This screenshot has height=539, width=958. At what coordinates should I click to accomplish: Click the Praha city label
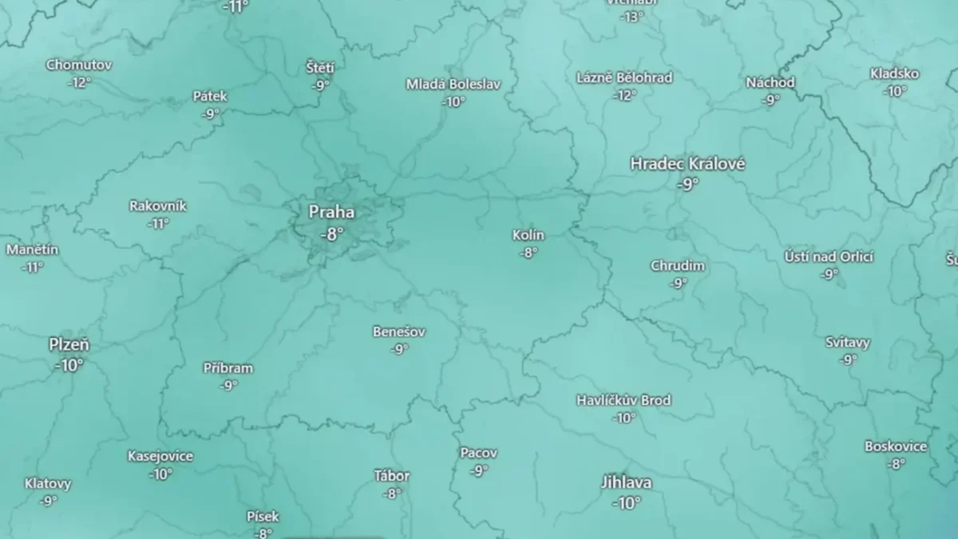coord(331,212)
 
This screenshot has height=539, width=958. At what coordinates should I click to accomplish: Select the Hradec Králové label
coord(687,164)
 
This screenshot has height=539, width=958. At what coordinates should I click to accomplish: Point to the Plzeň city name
coord(69,345)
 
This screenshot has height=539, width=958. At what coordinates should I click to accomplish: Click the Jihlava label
coord(626,482)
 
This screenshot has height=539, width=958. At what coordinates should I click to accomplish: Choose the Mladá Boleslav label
coord(453,84)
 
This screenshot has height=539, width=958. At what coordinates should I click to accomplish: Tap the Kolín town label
coord(528,235)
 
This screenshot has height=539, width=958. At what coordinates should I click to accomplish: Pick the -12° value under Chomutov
coord(79,82)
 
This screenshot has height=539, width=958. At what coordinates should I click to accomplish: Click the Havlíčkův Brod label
coord(623,399)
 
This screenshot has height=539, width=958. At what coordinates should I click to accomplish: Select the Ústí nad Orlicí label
coord(829,256)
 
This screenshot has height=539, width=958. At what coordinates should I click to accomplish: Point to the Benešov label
coord(399,331)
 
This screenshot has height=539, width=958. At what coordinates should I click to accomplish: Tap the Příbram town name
coord(228,368)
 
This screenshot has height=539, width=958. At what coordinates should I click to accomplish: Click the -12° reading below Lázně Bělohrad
coord(624,95)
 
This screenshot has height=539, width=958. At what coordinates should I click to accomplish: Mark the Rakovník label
coord(158,206)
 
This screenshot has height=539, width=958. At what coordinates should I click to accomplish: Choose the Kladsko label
coord(894,73)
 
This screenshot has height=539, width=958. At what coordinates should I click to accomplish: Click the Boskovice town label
coord(896,446)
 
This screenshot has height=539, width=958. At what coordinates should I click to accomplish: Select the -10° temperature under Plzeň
coord(69,365)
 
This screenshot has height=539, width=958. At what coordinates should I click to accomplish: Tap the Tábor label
coord(391,476)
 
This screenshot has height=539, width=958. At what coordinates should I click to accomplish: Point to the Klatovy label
coord(48,483)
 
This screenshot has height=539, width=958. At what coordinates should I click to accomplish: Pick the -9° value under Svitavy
coord(848,359)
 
